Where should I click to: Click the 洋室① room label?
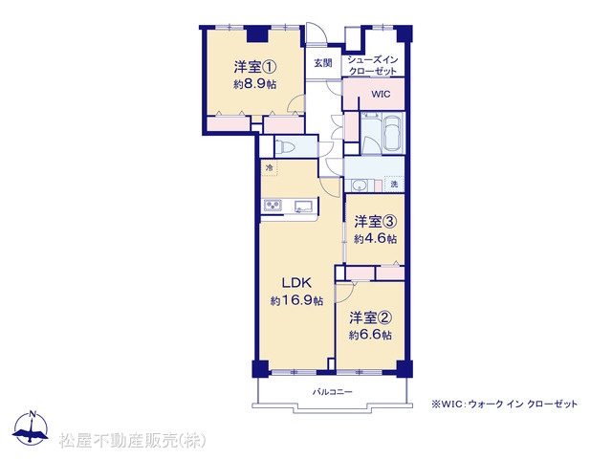[x=255, y=68]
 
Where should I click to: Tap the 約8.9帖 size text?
[x=255, y=84]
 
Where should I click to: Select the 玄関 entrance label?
[x=323, y=63]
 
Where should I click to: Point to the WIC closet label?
[x=381, y=95]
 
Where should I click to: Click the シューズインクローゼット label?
[x=373, y=66]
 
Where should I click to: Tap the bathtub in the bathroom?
[x=393, y=133]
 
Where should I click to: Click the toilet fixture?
[x=284, y=147]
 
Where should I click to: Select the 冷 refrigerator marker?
[x=269, y=168]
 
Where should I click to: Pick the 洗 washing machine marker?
[x=394, y=185]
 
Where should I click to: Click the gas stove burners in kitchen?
[x=273, y=206]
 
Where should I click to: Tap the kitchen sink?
[x=304, y=207]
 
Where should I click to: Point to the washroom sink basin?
[x=360, y=186]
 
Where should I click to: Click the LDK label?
[x=296, y=283]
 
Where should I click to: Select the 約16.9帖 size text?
[x=296, y=301]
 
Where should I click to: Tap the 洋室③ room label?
[x=376, y=222]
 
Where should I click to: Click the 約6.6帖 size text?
[x=370, y=336]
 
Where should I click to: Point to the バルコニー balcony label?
[x=332, y=391]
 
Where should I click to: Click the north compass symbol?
[x=31, y=428]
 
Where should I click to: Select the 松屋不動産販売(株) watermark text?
[x=132, y=441]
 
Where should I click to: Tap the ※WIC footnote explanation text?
[x=504, y=404]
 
